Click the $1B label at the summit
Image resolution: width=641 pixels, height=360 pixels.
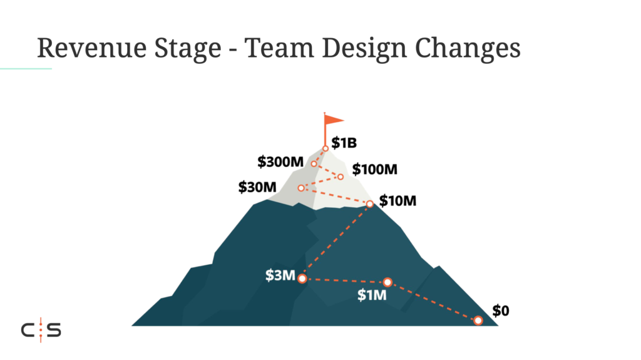pyautogui.click(x=344, y=143)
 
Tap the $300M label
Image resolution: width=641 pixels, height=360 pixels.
pyautogui.click(x=280, y=162)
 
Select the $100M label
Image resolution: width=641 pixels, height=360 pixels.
pyautogui.click(x=374, y=169)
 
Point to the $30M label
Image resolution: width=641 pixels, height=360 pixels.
pyautogui.click(x=257, y=187)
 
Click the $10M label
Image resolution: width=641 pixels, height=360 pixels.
pyautogui.click(x=397, y=201)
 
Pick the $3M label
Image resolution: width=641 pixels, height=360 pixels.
pyautogui.click(x=280, y=275)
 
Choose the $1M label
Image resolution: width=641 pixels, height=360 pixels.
pyautogui.click(x=372, y=294)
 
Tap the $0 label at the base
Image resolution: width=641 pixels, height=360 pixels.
pyautogui.click(x=501, y=311)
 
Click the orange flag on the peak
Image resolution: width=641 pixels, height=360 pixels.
pyautogui.click(x=333, y=120)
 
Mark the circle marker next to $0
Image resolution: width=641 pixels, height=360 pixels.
pyautogui.click(x=478, y=321)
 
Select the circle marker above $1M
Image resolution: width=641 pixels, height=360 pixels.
pyautogui.click(x=387, y=282)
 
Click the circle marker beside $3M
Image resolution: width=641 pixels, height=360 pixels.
pyautogui.click(x=302, y=279)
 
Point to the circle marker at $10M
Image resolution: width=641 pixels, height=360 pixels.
pyautogui.click(x=369, y=203)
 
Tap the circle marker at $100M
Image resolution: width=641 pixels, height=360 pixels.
pyautogui.click(x=341, y=177)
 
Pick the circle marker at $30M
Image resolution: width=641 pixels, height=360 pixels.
pyautogui.click(x=301, y=188)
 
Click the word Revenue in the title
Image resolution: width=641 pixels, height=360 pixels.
pyautogui.click(x=91, y=48)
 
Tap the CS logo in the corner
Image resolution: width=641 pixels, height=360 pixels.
pyautogui.click(x=41, y=330)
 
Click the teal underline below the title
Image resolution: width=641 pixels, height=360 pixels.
pyautogui.click(x=26, y=69)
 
